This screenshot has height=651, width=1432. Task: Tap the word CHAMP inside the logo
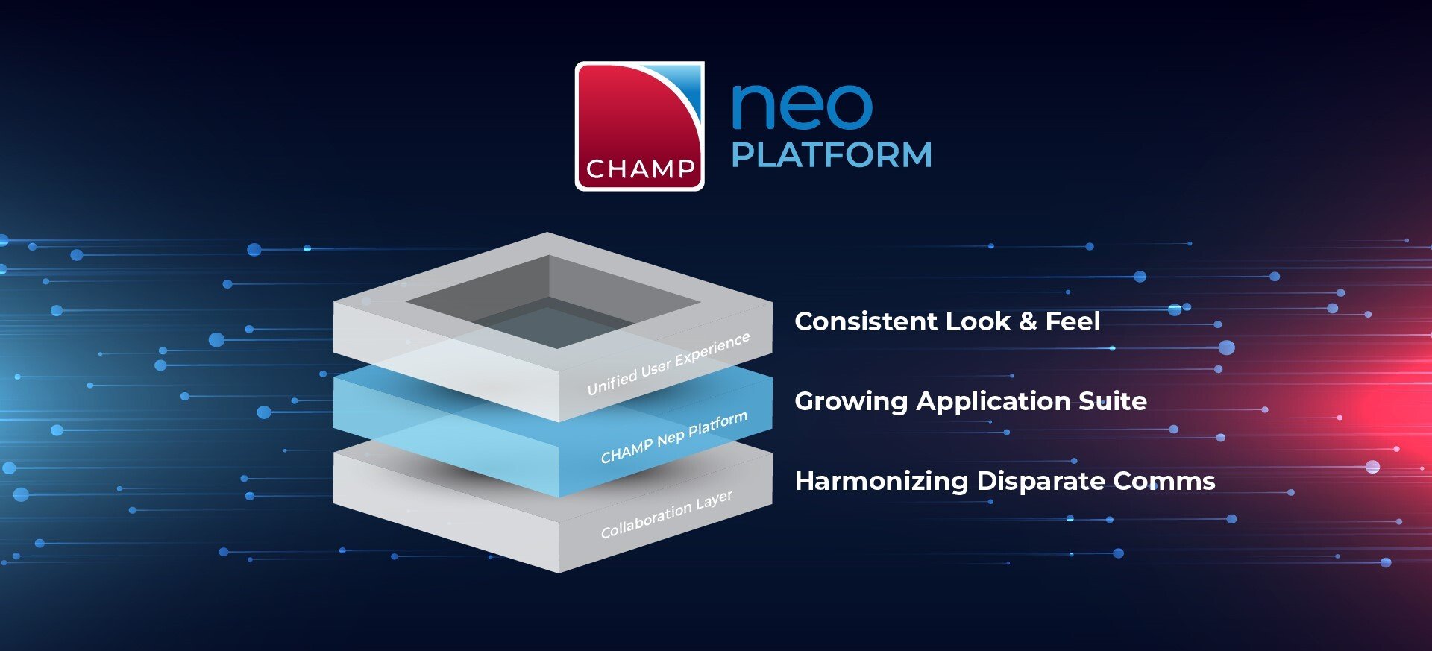click(641, 169)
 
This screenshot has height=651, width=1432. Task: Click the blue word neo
click(801, 107)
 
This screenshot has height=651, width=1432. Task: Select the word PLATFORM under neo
click(832, 155)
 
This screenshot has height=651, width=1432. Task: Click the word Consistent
click(864, 321)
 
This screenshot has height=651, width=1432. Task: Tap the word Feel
click(1073, 321)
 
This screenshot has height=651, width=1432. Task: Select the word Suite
click(1113, 401)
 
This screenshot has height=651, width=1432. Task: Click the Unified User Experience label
click(668, 364)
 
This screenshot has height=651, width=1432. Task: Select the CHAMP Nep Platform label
click(673, 437)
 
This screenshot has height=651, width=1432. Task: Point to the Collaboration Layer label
click(666, 514)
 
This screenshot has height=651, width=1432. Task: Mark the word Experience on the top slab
click(712, 349)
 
